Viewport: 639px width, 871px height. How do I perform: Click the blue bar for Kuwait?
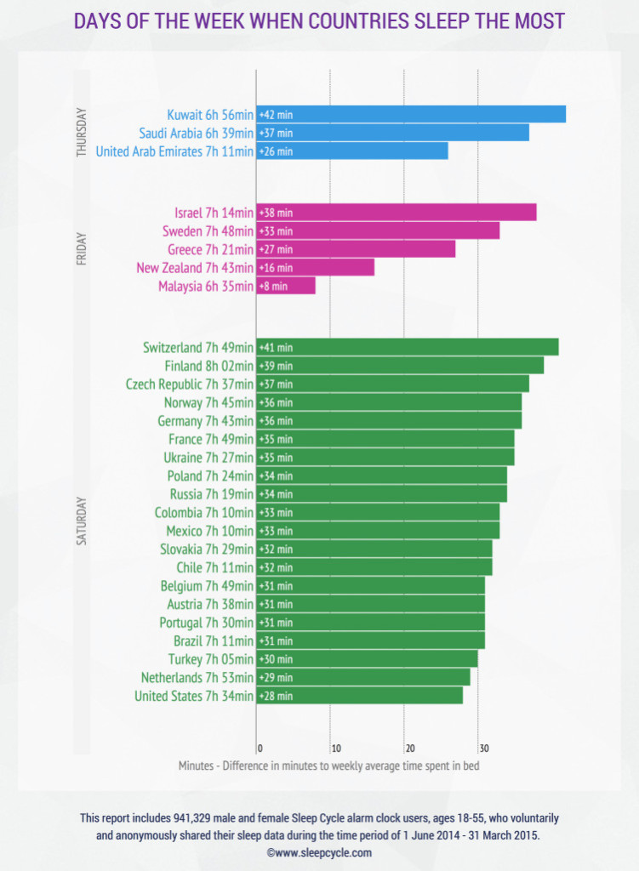[411, 115]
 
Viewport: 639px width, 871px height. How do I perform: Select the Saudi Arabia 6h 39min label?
[197, 134]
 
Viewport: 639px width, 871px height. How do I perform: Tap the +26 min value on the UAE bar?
[277, 151]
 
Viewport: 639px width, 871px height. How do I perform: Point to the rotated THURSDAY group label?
[82, 132]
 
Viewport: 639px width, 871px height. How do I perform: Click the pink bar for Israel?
[397, 212]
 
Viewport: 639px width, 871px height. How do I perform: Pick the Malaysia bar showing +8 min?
[286, 286]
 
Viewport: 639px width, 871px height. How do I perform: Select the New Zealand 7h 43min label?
[195, 268]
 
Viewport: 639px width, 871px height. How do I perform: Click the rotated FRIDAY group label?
[82, 249]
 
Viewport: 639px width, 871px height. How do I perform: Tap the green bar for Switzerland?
[408, 347]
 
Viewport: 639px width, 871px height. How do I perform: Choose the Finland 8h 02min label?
[209, 366]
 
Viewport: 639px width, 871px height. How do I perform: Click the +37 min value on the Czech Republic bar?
[277, 384]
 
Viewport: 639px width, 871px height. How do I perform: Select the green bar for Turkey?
[368, 659]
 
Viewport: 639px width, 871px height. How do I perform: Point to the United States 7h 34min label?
[194, 696]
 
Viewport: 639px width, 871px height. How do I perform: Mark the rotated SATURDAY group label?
[82, 521]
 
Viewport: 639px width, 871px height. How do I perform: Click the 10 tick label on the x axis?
[336, 749]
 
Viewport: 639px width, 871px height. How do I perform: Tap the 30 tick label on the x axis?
[484, 749]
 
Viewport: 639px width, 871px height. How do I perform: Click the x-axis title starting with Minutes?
[329, 766]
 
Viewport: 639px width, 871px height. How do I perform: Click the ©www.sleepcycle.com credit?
[319, 852]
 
